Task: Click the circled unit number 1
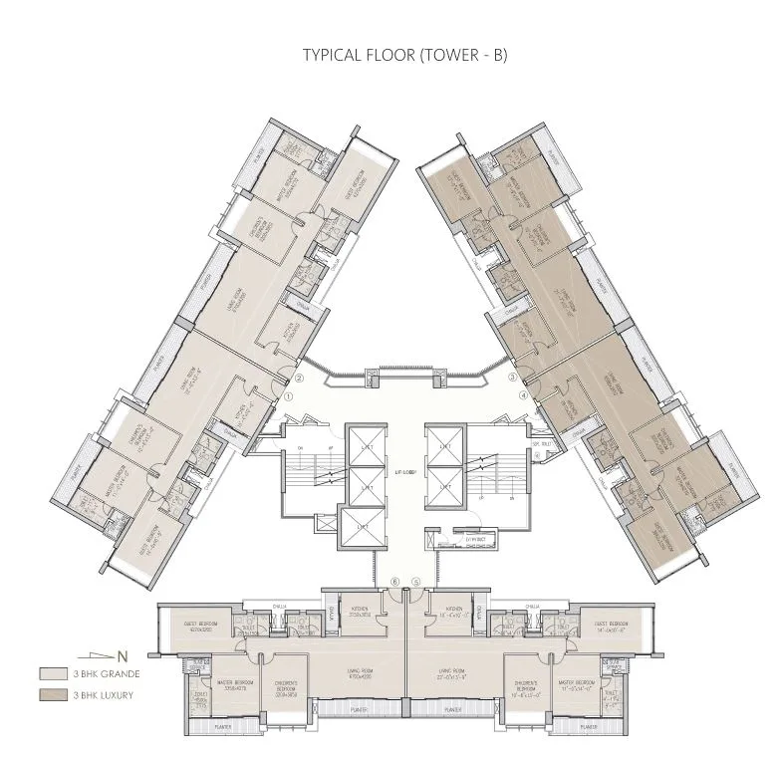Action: pos(288,395)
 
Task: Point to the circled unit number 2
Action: pos(299,378)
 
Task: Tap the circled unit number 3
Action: pos(512,378)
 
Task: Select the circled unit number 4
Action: pos(523,395)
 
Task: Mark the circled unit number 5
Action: pos(415,582)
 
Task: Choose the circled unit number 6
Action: pos(394,582)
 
